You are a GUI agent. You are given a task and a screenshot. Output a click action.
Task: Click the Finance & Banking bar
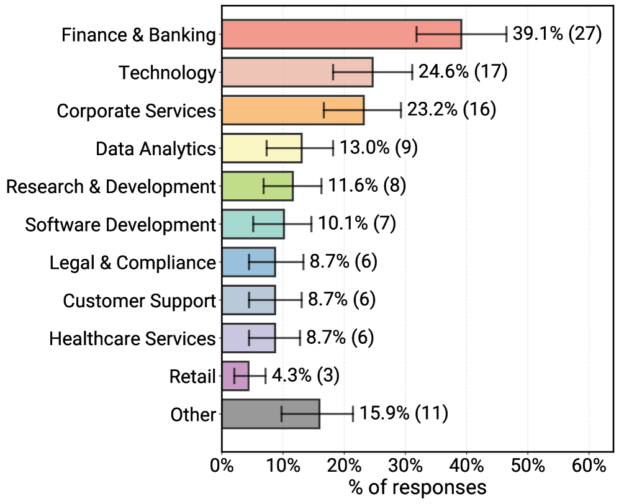(341, 34)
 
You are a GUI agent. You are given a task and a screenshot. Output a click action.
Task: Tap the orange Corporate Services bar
(292, 110)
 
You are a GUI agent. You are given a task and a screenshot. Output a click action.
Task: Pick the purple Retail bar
(235, 376)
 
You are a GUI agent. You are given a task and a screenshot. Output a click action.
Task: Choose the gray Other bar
(271, 414)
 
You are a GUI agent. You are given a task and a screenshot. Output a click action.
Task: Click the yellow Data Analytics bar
(261, 148)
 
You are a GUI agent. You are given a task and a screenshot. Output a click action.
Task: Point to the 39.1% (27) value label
(557, 34)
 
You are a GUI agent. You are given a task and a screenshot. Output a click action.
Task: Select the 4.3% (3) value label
(306, 376)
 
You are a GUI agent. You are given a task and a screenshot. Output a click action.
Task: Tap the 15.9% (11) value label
(404, 413)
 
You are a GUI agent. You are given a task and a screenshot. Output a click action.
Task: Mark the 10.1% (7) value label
(357, 223)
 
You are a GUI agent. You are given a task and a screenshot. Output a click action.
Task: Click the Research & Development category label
(111, 187)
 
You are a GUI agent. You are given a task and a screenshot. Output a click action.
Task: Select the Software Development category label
(120, 225)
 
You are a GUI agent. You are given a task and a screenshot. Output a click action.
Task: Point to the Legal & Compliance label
(133, 263)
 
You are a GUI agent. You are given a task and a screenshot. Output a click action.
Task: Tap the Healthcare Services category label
(132, 339)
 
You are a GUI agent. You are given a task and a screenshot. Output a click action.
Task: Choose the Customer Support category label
(139, 301)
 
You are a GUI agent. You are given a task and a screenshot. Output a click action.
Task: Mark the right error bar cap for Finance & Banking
(507, 34)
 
